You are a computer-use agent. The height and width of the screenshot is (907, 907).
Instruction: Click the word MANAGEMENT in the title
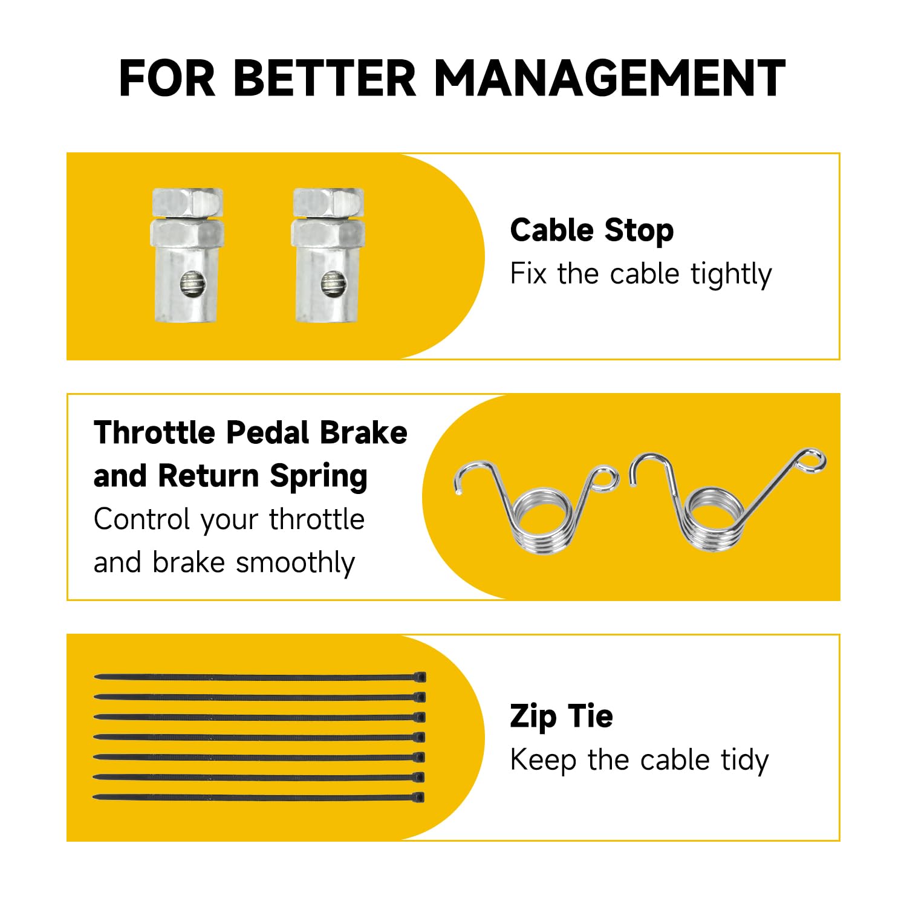coord(610,78)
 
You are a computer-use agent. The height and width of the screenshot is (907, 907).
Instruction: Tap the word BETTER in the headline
coord(324,78)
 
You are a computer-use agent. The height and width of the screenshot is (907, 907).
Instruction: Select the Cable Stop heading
coord(591,230)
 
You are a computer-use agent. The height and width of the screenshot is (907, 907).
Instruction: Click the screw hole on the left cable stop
coord(191,284)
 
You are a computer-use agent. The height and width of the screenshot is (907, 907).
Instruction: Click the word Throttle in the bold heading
coord(154,433)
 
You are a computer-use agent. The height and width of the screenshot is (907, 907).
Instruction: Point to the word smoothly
coord(295,563)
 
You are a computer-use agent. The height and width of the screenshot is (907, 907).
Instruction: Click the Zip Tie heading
coord(561,717)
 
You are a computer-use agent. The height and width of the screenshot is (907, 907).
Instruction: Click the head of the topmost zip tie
coord(420,677)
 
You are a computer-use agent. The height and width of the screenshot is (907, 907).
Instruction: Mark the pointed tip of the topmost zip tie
coord(95,677)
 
